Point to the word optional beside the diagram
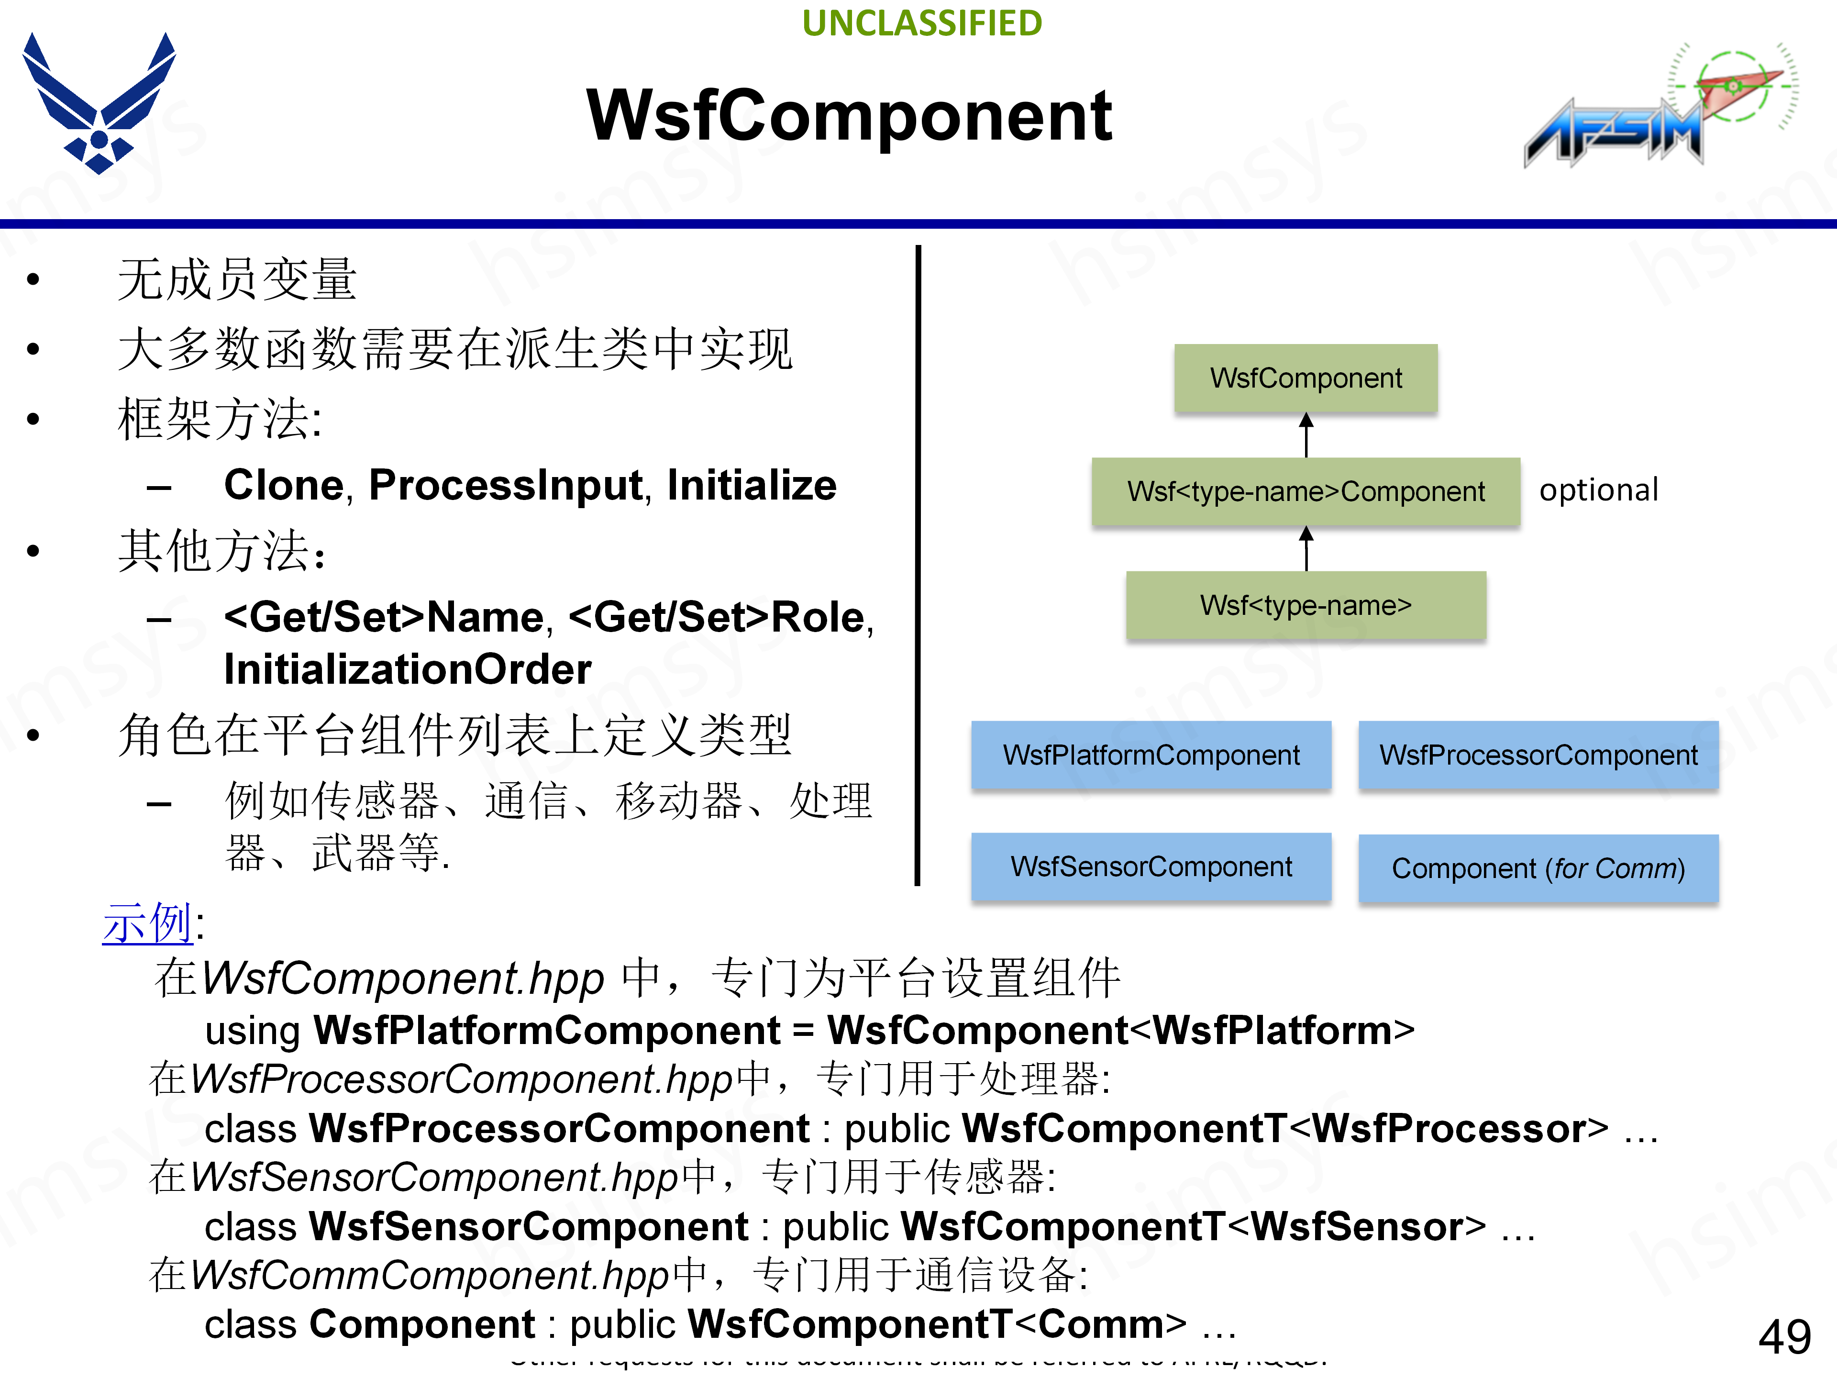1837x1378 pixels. click(x=1598, y=490)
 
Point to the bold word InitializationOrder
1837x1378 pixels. click(x=407, y=669)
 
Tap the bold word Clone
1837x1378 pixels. click(x=283, y=485)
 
